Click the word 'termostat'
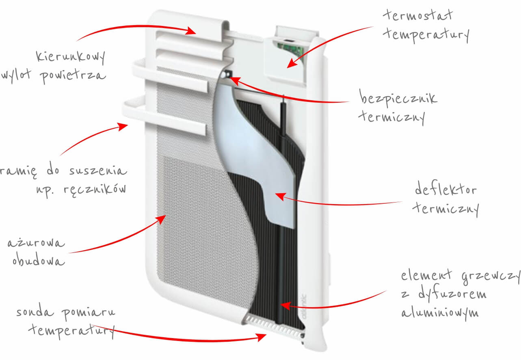[x=418, y=15]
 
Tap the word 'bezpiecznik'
[x=398, y=98]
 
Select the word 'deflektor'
[x=446, y=189]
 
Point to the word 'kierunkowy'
[x=71, y=57]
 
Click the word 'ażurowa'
[x=36, y=243]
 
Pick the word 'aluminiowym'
[x=440, y=313]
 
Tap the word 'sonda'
[x=35, y=312]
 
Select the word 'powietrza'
[x=73, y=76]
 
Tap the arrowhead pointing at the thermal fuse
[x=234, y=80]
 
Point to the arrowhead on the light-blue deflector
[x=280, y=196]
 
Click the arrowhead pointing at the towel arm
[x=123, y=127]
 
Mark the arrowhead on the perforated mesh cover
[x=161, y=219]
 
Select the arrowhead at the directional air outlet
[x=191, y=30]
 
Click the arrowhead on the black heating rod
[x=285, y=305]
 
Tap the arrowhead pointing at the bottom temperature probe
[x=261, y=337]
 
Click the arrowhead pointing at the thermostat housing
[x=292, y=63]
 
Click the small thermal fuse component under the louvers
[x=226, y=74]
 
